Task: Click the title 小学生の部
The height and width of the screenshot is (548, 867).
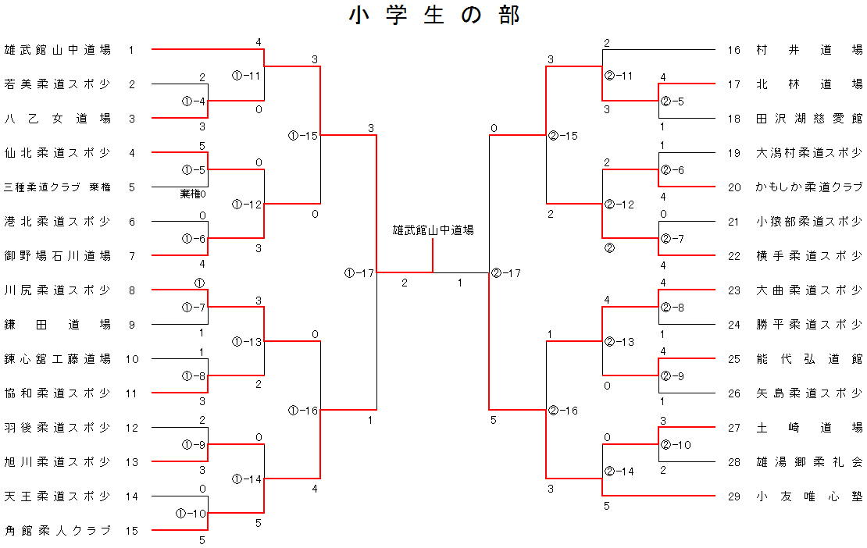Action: [x=434, y=16]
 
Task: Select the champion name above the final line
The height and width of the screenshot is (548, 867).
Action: [x=433, y=230]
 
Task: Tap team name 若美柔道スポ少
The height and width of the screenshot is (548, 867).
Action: [x=58, y=84]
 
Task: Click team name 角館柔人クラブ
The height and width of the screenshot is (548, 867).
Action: [x=58, y=530]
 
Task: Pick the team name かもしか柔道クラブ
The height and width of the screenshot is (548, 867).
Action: [x=809, y=187]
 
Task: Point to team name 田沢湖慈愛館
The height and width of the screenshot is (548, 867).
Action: [x=809, y=118]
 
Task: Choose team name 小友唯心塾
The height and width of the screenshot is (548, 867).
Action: [x=809, y=496]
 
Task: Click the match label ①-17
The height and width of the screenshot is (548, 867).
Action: [x=359, y=273]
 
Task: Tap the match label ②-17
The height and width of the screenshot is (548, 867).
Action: [x=506, y=273]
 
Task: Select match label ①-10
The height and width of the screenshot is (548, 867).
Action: [x=191, y=513]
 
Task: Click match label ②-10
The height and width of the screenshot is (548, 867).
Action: [x=676, y=445]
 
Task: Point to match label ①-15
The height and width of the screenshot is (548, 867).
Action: [x=303, y=135]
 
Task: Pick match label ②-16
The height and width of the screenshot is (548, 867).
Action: [x=563, y=410]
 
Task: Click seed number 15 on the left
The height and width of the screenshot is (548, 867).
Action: [x=131, y=530]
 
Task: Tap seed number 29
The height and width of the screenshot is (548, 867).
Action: [x=733, y=496]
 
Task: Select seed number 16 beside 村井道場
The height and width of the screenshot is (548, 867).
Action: [x=733, y=50]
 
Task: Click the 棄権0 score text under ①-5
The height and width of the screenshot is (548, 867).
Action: [x=192, y=194]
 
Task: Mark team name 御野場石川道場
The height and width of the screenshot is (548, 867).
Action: [x=58, y=256]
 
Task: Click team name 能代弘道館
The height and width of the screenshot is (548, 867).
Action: [x=809, y=359]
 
